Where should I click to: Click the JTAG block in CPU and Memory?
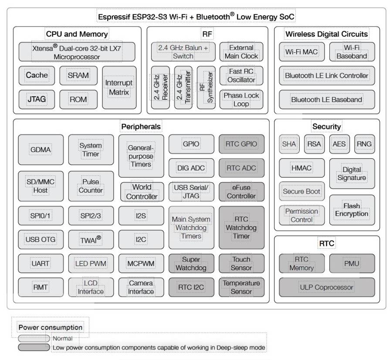[37, 99]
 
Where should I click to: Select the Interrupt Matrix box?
[119, 87]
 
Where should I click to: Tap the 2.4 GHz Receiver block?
[159, 87]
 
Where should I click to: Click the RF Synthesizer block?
[206, 87]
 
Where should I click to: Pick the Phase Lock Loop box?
[241, 99]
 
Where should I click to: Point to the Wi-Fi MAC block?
[301, 52]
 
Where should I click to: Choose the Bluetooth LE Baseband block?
[327, 99]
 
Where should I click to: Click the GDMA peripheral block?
[41, 149]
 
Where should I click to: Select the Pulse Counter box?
[91, 186]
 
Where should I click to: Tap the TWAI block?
[91, 239]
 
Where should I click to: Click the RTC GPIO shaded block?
[241, 144]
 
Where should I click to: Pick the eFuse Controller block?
[241, 192]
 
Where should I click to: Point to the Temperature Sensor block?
[241, 287]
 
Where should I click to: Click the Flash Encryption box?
[351, 210]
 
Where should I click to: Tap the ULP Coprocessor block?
[327, 287]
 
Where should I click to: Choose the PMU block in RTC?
[351, 263]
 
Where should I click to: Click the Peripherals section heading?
[141, 126]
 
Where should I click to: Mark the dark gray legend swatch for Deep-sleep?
[34, 347]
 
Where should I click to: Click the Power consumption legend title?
[50, 327]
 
